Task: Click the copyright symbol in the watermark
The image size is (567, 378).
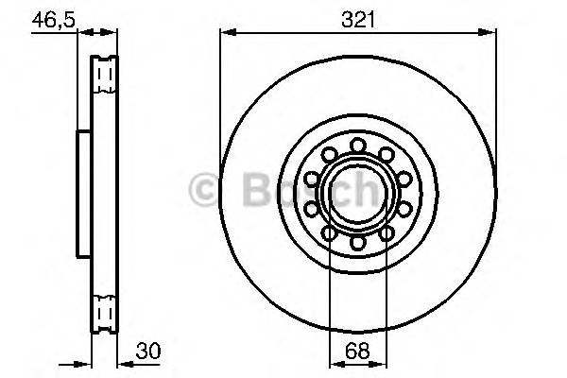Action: (204, 191)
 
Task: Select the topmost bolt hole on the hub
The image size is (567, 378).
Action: (358, 144)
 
